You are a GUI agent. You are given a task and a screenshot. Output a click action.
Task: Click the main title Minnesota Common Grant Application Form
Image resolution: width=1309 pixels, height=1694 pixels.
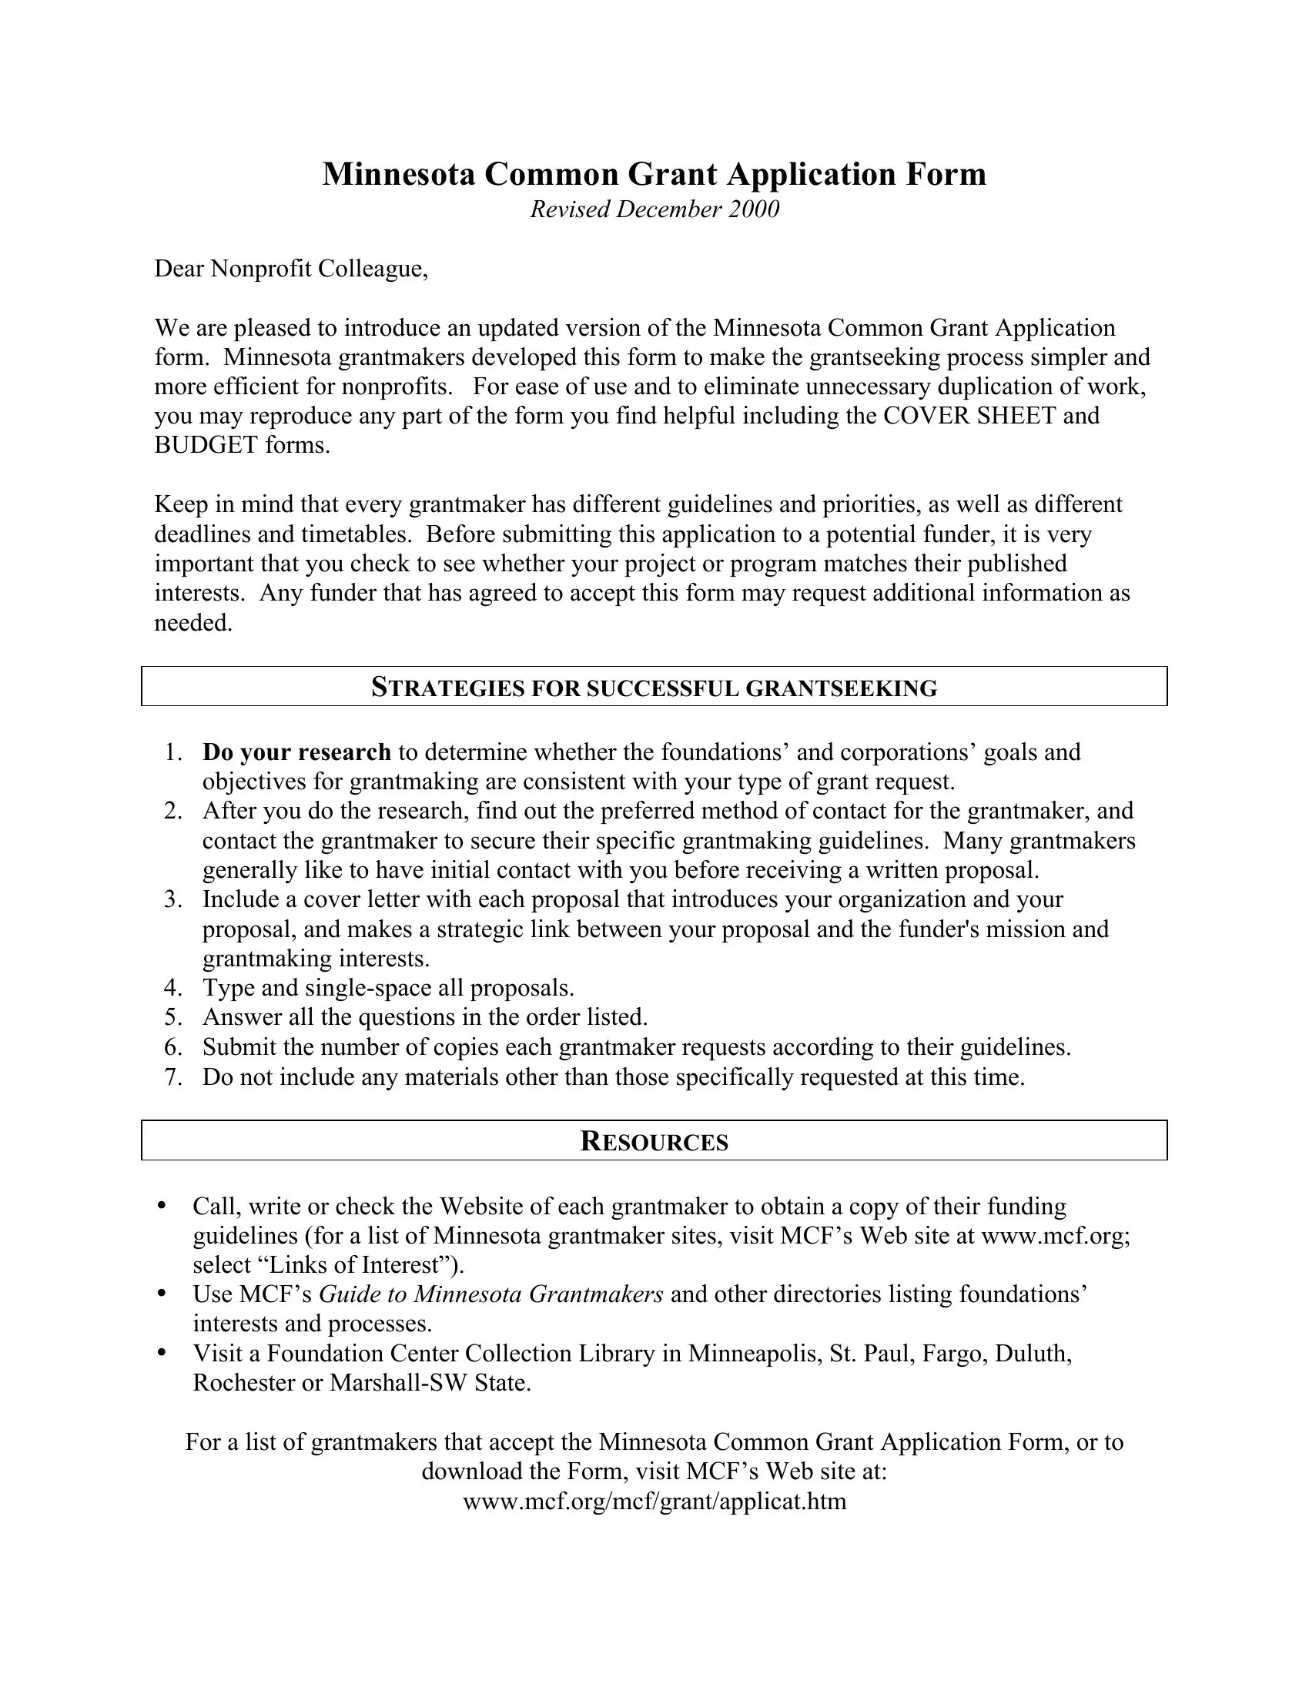pos(654,174)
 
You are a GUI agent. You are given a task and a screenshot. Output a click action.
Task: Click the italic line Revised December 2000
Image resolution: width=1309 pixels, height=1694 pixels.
pos(654,209)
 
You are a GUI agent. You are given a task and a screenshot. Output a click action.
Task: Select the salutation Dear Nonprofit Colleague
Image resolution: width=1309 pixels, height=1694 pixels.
pos(291,269)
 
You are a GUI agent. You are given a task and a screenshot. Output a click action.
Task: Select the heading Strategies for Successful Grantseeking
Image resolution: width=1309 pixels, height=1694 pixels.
pos(654,687)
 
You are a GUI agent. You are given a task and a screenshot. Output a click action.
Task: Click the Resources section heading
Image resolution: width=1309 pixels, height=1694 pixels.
pos(654,1141)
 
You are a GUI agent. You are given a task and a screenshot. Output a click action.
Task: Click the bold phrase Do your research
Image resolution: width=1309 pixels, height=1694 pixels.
pos(296,752)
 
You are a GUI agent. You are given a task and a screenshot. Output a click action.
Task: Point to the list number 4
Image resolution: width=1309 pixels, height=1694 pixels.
pos(172,988)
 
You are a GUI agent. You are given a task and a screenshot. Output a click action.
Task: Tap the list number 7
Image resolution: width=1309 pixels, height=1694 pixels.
pos(172,1076)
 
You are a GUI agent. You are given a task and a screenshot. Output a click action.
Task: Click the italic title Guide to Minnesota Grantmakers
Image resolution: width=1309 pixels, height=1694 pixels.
pos(490,1294)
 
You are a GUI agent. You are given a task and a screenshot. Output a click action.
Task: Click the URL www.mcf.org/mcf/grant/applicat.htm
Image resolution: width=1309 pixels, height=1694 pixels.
pos(654,1501)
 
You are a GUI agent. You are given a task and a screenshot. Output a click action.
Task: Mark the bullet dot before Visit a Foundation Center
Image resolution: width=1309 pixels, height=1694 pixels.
pos(161,1353)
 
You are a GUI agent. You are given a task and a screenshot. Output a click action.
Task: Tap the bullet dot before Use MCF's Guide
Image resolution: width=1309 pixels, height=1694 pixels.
pos(161,1294)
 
